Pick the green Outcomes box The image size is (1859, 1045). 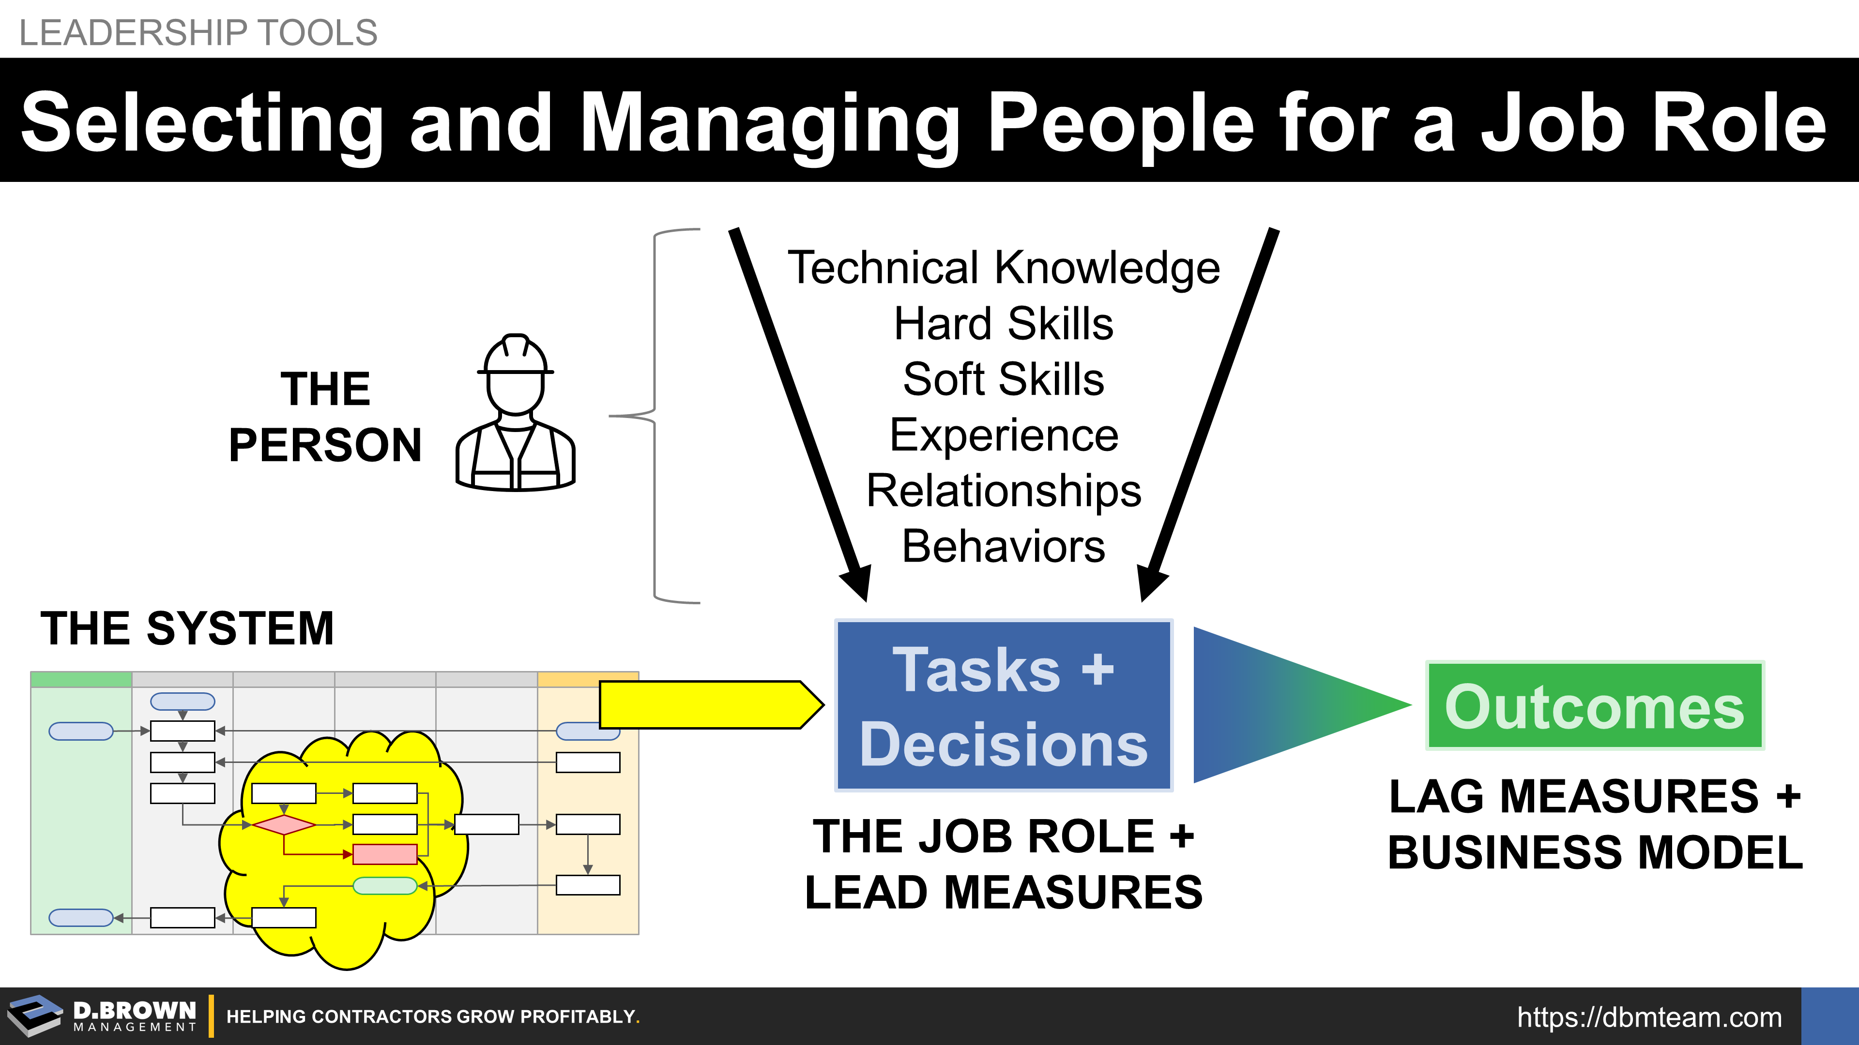point(1595,706)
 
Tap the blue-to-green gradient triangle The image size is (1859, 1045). point(1284,704)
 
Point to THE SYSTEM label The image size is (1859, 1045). point(188,628)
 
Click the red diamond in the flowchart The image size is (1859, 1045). point(284,824)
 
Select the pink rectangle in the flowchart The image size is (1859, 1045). point(385,854)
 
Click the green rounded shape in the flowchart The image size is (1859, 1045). point(385,886)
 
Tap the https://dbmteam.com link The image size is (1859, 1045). point(1650,1017)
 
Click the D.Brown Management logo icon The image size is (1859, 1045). point(35,1015)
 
